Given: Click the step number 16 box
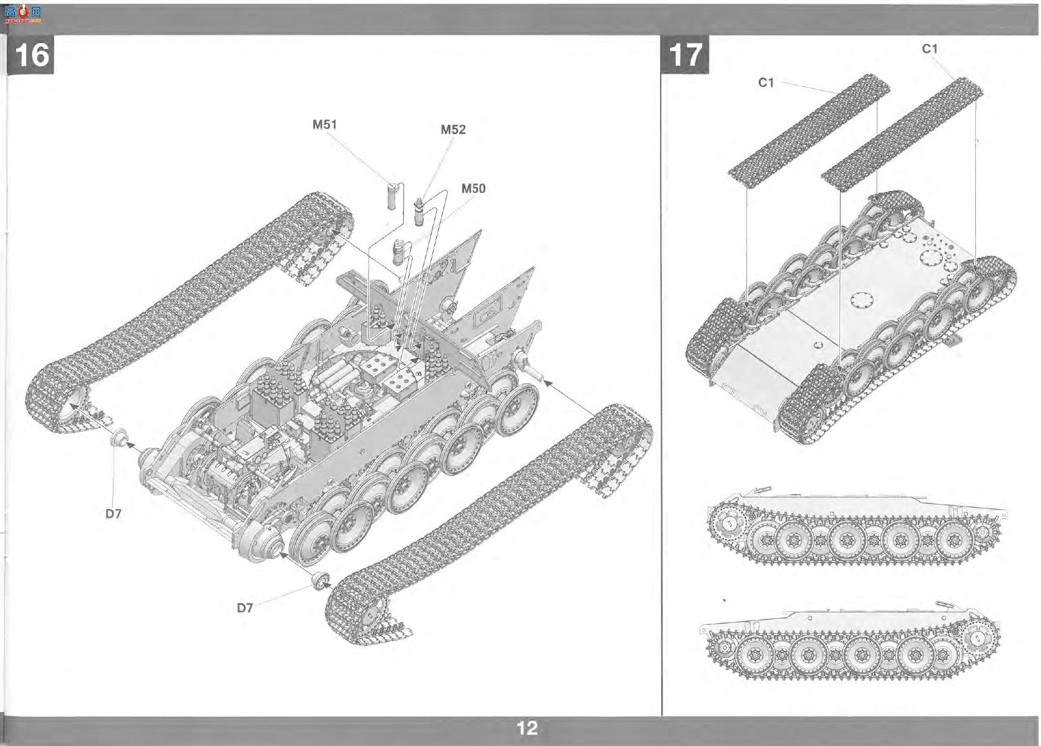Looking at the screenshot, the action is pos(30,55).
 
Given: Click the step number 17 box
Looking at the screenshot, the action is pos(685,55).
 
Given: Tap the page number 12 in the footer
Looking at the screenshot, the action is pos(527,728).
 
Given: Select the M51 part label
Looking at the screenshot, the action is pos(324,125).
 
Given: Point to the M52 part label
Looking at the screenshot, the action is pos(453,130).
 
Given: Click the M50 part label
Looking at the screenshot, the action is pos(473,189).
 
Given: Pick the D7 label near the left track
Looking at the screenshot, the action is pos(114,513).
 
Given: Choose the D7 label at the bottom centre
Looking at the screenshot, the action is pos(245,608).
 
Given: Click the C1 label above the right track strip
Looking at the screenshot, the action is pos(930,49).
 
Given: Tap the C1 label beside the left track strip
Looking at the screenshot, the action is pos(766,82).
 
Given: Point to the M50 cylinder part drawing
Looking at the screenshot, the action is pos(399,252).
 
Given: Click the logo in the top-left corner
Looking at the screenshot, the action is pos(23,14).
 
